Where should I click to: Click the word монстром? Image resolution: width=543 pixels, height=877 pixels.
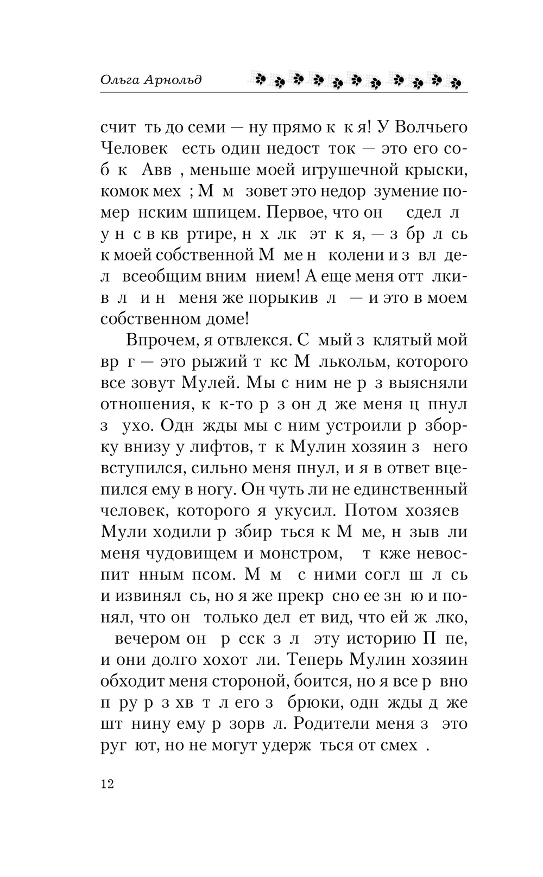pyautogui.click(x=293, y=554)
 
